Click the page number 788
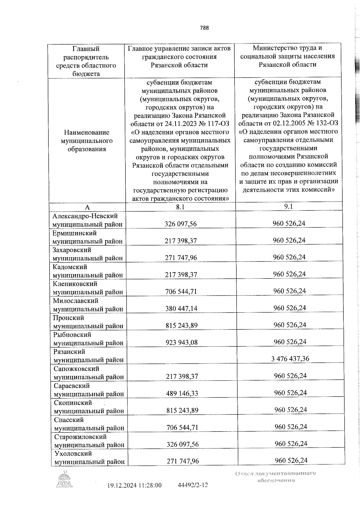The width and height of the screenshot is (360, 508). click(x=204, y=28)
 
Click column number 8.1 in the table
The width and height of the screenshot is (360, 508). click(x=180, y=207)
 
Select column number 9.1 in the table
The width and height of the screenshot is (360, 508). click(x=288, y=206)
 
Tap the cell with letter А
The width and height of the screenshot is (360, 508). click(x=87, y=207)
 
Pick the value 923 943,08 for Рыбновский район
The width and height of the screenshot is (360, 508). click(x=181, y=342)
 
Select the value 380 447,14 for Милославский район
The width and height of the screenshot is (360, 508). click(x=181, y=308)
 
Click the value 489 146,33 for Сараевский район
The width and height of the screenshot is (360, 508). click(x=182, y=393)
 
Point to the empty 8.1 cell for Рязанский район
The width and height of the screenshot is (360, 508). click(x=181, y=355)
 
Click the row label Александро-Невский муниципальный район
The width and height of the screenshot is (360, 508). click(x=88, y=220)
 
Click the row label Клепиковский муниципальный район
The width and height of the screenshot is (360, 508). click(x=88, y=288)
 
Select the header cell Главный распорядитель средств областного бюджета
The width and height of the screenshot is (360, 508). click(x=86, y=61)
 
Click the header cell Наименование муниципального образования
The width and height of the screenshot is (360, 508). click(x=87, y=141)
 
